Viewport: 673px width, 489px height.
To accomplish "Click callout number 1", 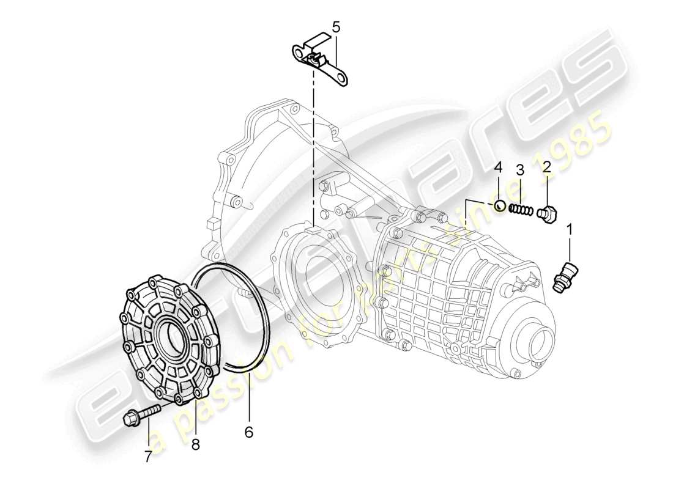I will click(570, 230).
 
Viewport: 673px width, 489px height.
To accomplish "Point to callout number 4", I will click(498, 167).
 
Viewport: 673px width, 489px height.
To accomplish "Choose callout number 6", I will click(248, 432).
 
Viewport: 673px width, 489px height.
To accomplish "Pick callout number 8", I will click(195, 445).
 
